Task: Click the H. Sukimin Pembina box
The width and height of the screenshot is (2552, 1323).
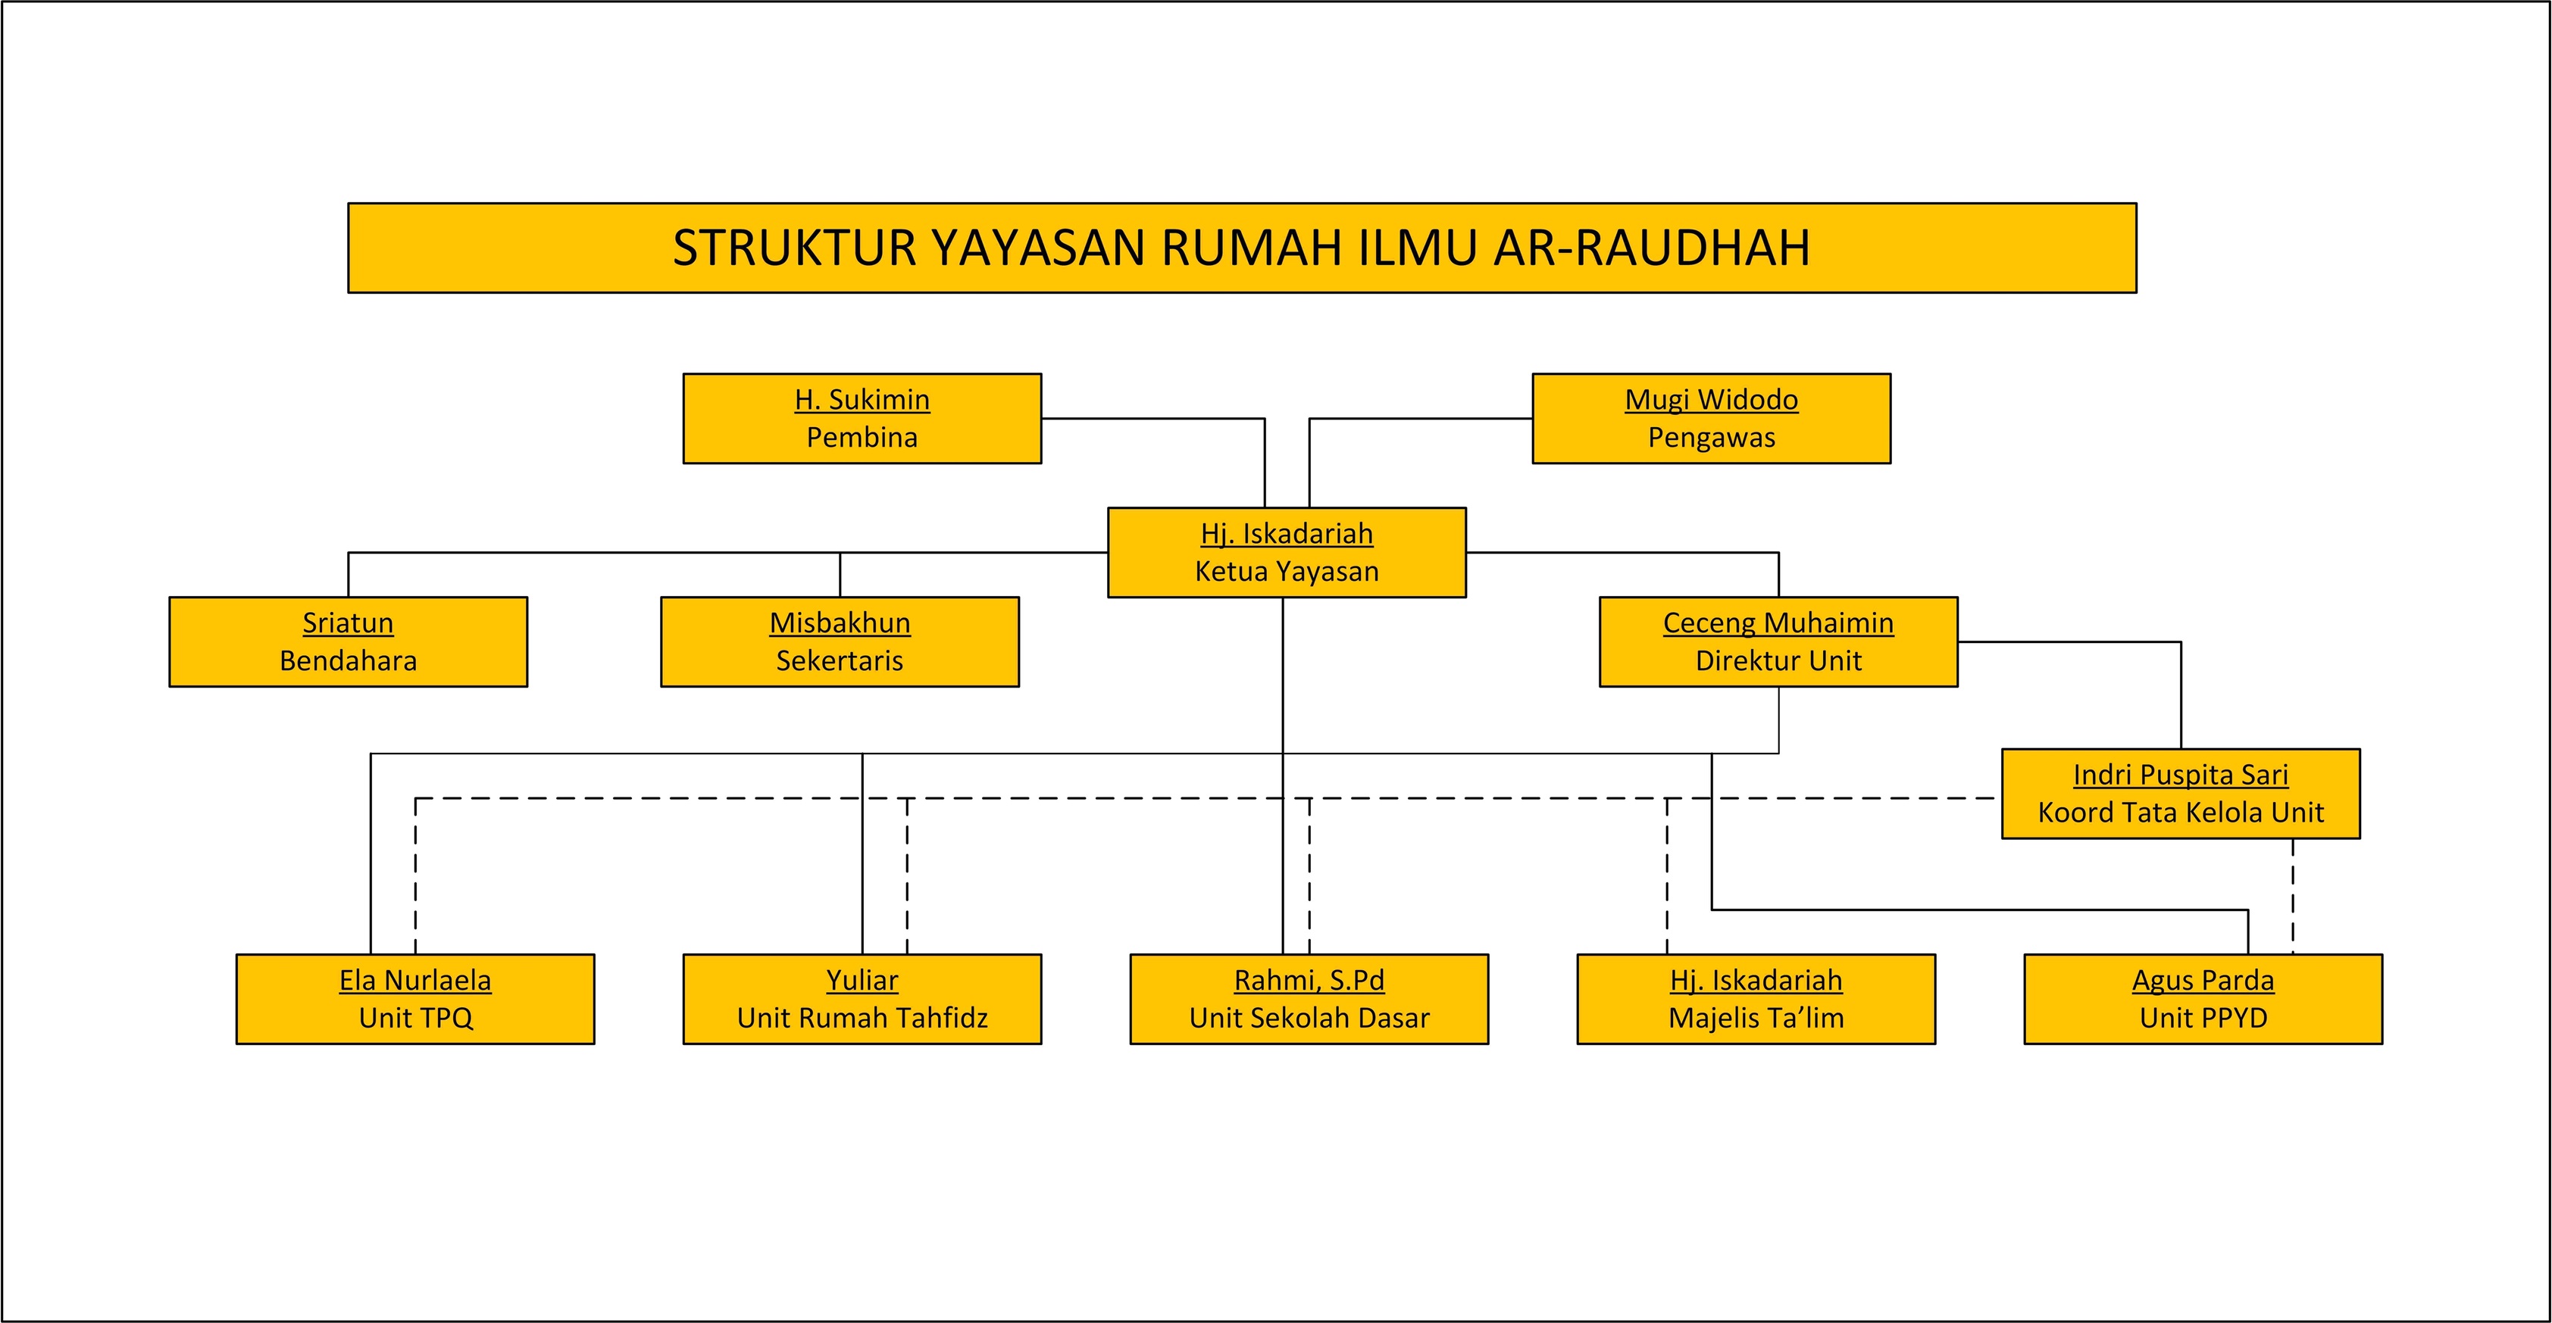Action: [x=862, y=418]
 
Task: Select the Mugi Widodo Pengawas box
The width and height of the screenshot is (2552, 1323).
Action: [x=1711, y=418]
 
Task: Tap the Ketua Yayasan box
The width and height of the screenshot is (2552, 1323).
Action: [x=1286, y=553]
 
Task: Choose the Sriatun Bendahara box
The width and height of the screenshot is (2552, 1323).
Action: [x=348, y=641]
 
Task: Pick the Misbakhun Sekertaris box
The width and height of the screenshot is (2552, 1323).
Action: [x=839, y=641]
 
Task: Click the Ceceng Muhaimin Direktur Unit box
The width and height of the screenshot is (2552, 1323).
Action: [x=1778, y=641]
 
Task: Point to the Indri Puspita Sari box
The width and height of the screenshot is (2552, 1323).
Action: [x=2181, y=793]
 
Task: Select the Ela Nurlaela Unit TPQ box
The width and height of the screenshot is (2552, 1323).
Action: [x=415, y=999]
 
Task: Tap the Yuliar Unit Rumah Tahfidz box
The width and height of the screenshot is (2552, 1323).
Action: [x=862, y=999]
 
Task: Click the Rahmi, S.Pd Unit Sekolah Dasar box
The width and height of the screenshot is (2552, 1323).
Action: [x=1309, y=999]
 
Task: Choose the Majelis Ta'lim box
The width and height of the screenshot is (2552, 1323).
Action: [x=1756, y=999]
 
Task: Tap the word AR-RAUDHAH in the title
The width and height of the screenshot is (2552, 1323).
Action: [x=1652, y=248]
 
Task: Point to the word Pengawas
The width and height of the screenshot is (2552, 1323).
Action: [x=1711, y=438]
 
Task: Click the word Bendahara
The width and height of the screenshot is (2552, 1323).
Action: [x=348, y=660]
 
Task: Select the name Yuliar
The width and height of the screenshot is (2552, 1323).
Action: [x=862, y=981]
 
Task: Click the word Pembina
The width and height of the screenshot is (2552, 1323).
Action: [x=862, y=438]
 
